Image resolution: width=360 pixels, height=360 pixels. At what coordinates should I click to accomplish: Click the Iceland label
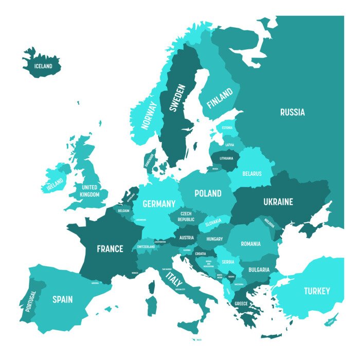[43, 66]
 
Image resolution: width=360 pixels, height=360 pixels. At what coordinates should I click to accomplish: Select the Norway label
[150, 115]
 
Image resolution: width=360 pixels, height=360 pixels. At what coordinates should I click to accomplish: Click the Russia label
[292, 112]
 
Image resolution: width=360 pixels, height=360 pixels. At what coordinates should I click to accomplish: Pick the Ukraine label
[278, 202]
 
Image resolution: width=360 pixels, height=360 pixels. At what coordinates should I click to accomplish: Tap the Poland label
[208, 193]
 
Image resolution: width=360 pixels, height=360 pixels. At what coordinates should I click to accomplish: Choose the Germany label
[159, 204]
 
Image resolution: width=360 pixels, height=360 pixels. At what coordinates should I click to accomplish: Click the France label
[110, 249]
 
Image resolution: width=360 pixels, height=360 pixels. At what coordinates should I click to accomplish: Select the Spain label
[62, 299]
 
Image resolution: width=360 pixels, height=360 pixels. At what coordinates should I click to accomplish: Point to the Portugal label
[30, 301]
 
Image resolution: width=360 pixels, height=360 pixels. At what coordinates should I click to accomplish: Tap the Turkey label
[316, 291]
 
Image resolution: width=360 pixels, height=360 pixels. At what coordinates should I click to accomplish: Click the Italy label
[174, 280]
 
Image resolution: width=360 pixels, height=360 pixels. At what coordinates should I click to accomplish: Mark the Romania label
[250, 244]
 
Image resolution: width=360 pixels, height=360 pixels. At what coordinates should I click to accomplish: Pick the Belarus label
[252, 174]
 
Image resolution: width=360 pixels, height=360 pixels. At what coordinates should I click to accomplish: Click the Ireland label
[55, 183]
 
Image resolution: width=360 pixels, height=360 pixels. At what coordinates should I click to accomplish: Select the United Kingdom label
[90, 191]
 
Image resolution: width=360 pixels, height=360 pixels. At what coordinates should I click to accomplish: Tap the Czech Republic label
[186, 217]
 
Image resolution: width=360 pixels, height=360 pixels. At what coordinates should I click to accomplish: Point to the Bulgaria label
[259, 269]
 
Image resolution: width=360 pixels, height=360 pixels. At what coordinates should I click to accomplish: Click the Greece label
[241, 304]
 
